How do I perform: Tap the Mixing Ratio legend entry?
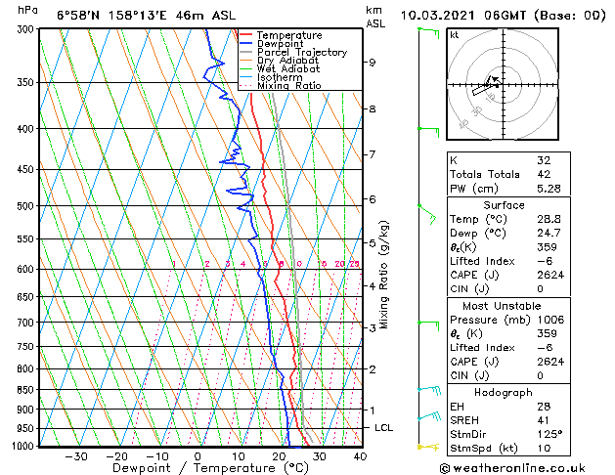pos(288,86)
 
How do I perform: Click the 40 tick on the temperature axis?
pos(360,456)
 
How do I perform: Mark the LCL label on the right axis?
pos(385,428)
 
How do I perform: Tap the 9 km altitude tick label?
pos(373,63)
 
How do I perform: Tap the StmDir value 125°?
pos(549,433)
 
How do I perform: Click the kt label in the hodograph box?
pos(455,34)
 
